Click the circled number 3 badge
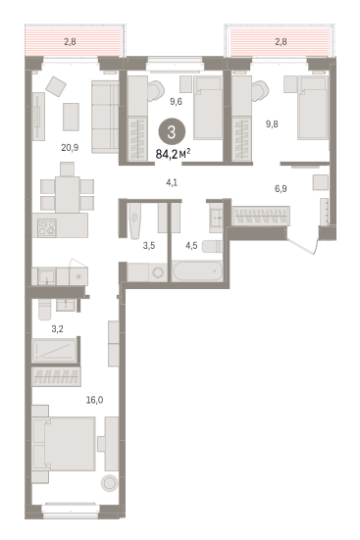(x=172, y=132)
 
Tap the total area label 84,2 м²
(x=173, y=154)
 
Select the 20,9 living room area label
(x=70, y=148)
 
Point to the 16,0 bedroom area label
(x=95, y=400)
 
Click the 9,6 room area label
(x=176, y=102)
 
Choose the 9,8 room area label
(x=272, y=124)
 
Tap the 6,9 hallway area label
(x=281, y=189)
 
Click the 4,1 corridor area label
(x=172, y=182)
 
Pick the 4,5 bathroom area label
(x=191, y=246)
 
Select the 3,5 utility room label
(x=149, y=246)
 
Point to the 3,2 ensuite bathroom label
(x=58, y=329)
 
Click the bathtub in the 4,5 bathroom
(x=198, y=271)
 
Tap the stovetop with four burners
(x=47, y=227)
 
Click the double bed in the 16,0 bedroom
(x=64, y=444)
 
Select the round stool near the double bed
(x=110, y=483)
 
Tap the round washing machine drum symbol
(x=158, y=273)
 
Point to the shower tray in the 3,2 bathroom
(x=54, y=351)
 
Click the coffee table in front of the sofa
(x=71, y=117)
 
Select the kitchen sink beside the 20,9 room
(x=46, y=276)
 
